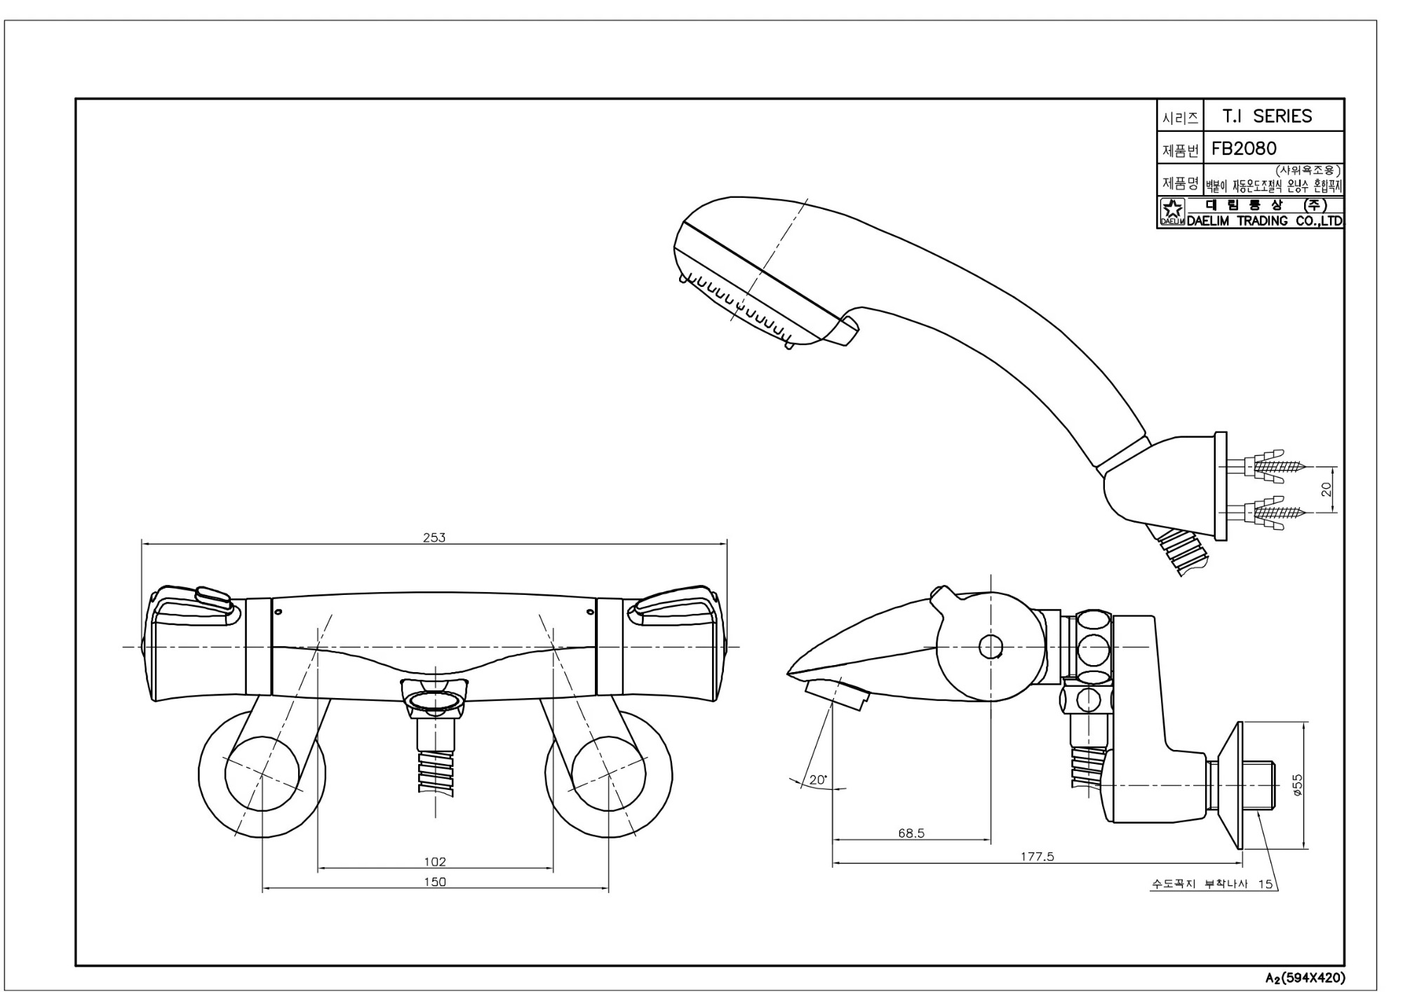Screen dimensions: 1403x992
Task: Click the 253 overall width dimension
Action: coord(434,537)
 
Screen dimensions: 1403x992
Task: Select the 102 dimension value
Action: coord(435,862)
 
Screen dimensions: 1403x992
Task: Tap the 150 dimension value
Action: coord(435,882)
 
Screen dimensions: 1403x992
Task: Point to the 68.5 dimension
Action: coord(911,833)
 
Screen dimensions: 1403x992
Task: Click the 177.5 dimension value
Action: coord(1037,857)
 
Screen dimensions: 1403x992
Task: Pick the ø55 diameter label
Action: coord(1298,784)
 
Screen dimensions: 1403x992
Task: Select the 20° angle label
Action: coord(818,779)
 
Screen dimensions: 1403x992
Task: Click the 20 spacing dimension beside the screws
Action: coord(1327,489)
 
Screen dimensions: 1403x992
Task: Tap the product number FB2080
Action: coord(1244,149)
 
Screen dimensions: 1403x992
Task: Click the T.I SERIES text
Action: coord(1267,116)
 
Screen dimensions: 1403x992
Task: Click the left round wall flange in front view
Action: coord(261,775)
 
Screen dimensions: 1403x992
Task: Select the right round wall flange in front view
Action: coord(608,775)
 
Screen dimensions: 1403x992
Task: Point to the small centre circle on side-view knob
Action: coord(991,646)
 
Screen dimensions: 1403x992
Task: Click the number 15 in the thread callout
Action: coord(1265,884)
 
